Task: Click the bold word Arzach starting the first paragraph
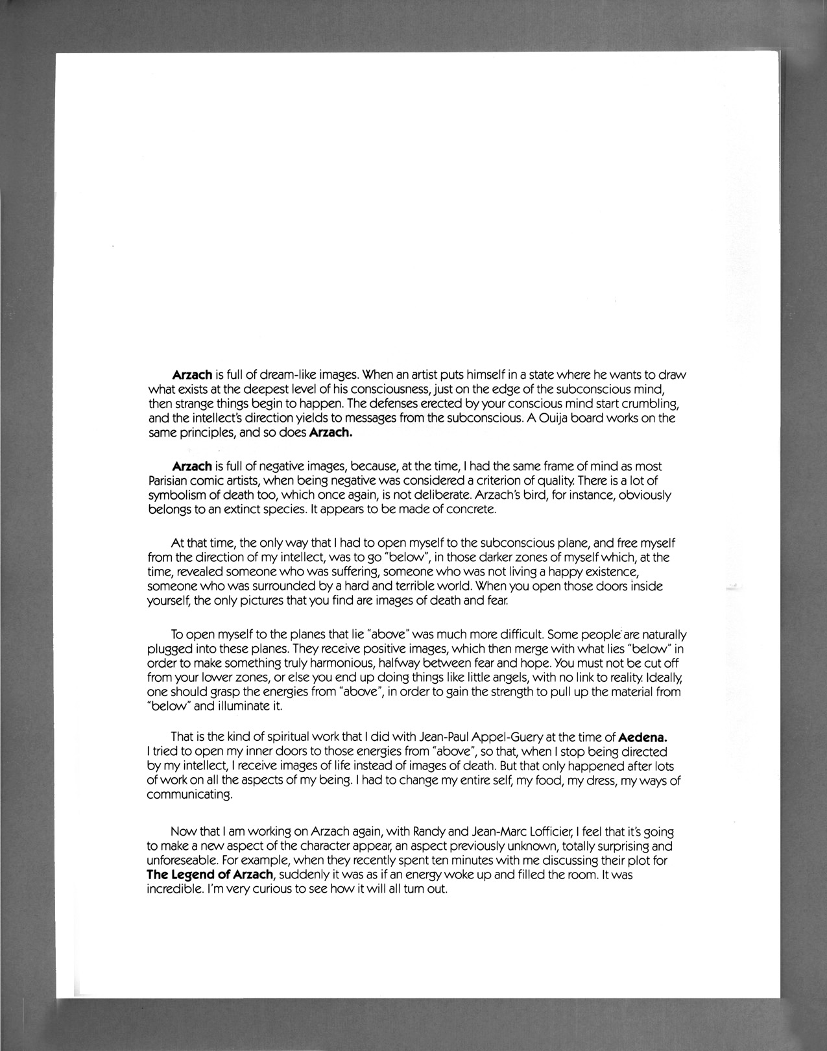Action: (x=192, y=375)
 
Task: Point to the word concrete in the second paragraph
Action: (x=474, y=509)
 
